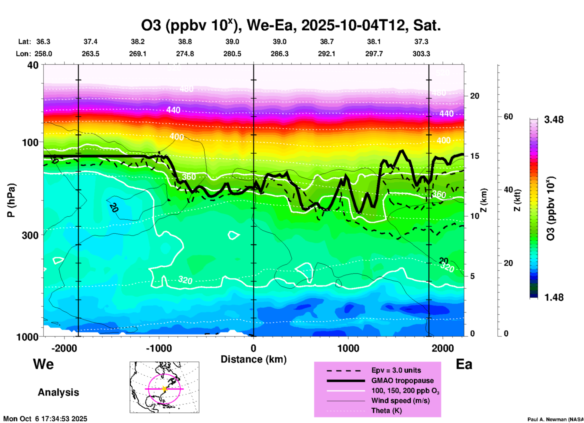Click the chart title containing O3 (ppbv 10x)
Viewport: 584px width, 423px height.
tap(290, 25)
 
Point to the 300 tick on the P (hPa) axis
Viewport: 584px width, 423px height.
tap(30, 235)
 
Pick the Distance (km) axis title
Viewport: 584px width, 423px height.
tap(253, 359)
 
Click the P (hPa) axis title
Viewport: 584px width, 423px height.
tap(11, 200)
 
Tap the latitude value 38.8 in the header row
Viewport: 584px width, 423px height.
tap(185, 42)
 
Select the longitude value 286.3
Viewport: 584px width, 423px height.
tap(280, 54)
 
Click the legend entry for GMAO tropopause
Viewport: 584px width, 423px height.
tap(402, 381)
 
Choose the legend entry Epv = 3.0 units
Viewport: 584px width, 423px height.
tap(396, 371)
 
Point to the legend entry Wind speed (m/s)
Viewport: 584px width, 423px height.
tap(400, 401)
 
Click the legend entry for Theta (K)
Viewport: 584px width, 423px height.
tap(386, 411)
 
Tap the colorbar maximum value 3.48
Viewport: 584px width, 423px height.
tap(554, 120)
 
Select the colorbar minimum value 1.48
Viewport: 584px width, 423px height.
tap(554, 297)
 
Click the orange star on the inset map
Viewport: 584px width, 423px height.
tap(164, 389)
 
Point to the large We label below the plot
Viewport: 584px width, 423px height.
tap(43, 364)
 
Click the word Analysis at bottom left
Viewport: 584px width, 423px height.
tap(58, 392)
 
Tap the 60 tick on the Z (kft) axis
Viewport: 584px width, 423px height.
tap(508, 117)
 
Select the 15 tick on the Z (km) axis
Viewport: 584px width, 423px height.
tap(475, 156)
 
